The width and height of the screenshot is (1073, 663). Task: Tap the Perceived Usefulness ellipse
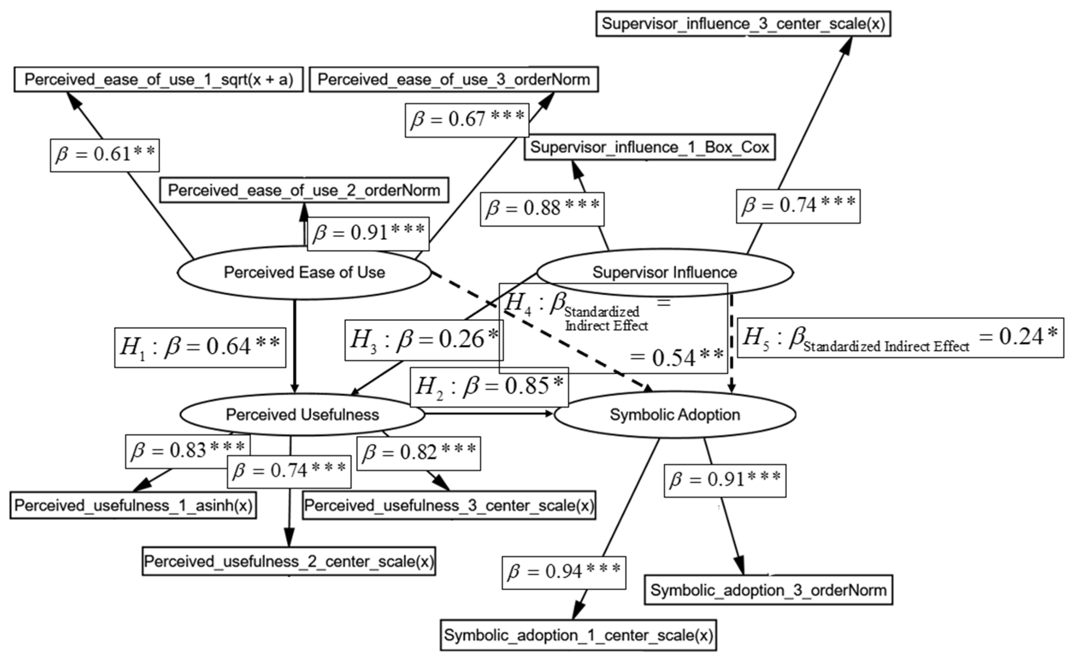(302, 415)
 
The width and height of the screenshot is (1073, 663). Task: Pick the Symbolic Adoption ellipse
(675, 415)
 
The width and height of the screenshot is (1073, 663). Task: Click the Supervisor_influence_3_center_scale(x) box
(743, 24)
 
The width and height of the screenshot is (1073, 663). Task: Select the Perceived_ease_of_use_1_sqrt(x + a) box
(159, 79)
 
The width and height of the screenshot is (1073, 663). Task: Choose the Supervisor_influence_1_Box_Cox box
(649, 147)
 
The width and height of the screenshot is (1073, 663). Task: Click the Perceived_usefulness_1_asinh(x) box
(133, 505)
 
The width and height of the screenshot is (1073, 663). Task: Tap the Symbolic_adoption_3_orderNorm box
(768, 590)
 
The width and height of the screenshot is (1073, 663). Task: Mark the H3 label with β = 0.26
(424, 340)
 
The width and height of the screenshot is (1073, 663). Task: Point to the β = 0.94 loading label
(564, 572)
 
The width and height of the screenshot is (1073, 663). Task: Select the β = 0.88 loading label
(542, 209)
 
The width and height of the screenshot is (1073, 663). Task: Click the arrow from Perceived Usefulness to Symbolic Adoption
(489, 413)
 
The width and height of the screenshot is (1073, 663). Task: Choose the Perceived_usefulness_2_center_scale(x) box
(289, 561)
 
